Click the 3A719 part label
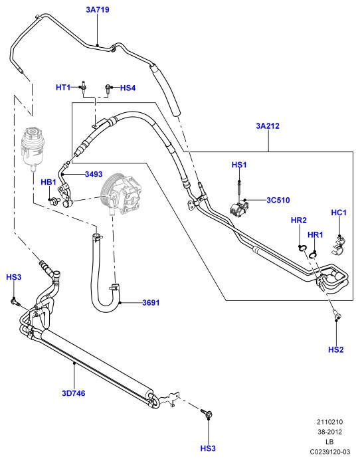pos(98,10)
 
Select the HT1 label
pos(63,87)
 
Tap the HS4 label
pos(128,88)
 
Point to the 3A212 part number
pos(268,126)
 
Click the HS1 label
pos(239,165)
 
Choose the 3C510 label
pos(278,200)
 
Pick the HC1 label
pos(339,213)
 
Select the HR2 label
pos(299,221)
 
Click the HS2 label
pos(336,349)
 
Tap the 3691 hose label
pos(151,302)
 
